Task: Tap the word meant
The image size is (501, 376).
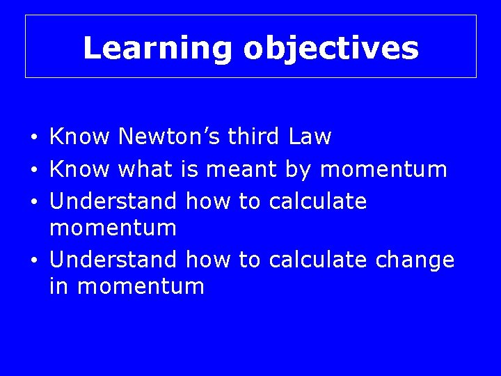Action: click(x=240, y=169)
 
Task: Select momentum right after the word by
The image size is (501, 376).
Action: click(x=383, y=169)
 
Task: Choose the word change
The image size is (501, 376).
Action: click(x=415, y=260)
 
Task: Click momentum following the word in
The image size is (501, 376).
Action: click(x=141, y=286)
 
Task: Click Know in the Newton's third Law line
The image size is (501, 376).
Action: click(x=79, y=136)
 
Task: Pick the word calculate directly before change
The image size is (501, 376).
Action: click(x=318, y=260)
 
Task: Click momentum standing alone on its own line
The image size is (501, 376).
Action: click(x=113, y=228)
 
